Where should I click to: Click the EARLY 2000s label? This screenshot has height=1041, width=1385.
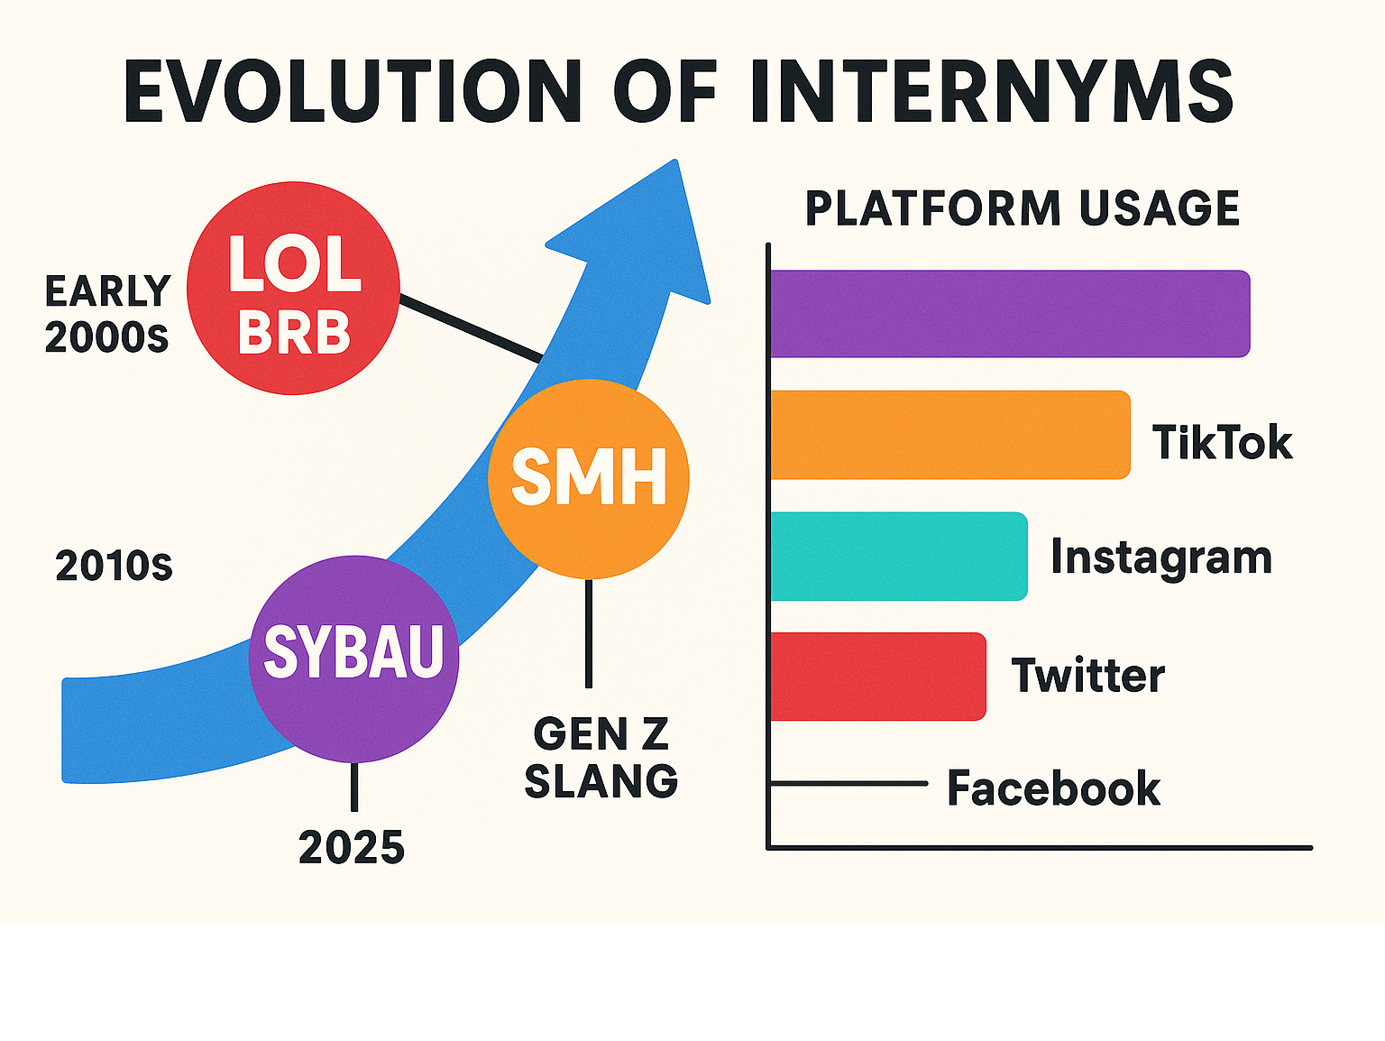tap(107, 314)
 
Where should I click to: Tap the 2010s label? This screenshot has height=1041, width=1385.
tap(114, 566)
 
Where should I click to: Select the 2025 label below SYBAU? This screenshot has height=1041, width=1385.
tap(352, 847)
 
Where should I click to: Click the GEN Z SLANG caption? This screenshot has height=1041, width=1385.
tap(601, 758)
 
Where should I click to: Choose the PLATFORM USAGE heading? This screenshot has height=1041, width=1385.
tap(1022, 208)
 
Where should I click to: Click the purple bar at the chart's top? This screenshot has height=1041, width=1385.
tap(1010, 313)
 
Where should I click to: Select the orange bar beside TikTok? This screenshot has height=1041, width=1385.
tap(949, 435)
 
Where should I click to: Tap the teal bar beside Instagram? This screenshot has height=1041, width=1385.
tap(899, 556)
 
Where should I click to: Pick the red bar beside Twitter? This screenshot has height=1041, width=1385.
tap(878, 677)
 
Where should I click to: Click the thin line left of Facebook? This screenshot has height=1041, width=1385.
tap(848, 784)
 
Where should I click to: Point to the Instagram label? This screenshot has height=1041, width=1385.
tap(1160, 557)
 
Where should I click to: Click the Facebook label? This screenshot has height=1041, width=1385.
tap(1053, 788)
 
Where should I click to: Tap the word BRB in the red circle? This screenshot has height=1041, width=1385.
tap(294, 333)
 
